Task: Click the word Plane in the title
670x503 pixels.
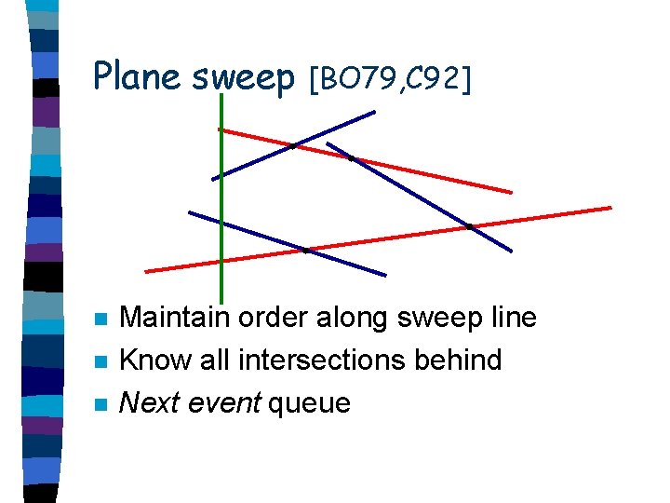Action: click(139, 76)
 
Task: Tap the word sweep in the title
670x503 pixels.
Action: click(243, 78)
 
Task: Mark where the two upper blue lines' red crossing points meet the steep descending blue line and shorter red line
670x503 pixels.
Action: click(351, 158)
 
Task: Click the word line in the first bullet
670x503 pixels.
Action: click(514, 318)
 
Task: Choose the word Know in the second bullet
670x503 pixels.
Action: click(152, 360)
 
